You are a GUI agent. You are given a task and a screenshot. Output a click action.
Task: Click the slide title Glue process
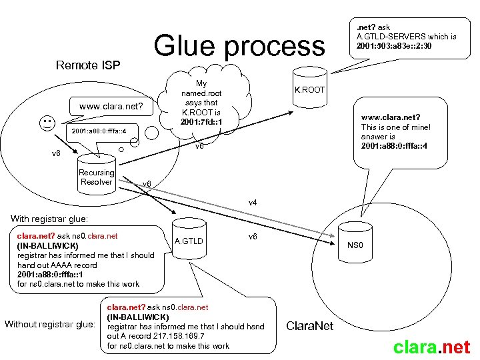239,46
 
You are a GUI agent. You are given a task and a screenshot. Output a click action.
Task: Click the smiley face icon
47,124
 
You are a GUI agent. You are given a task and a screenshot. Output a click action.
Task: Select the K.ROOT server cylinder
309,88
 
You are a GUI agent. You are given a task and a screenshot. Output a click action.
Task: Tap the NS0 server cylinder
356,245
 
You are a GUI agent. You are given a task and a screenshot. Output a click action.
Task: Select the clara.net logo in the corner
431,347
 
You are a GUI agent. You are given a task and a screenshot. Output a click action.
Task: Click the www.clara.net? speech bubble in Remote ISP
116,106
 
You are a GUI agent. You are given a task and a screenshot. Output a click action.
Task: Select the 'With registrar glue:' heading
49,219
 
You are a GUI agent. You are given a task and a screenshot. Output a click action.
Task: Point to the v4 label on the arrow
253,202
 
